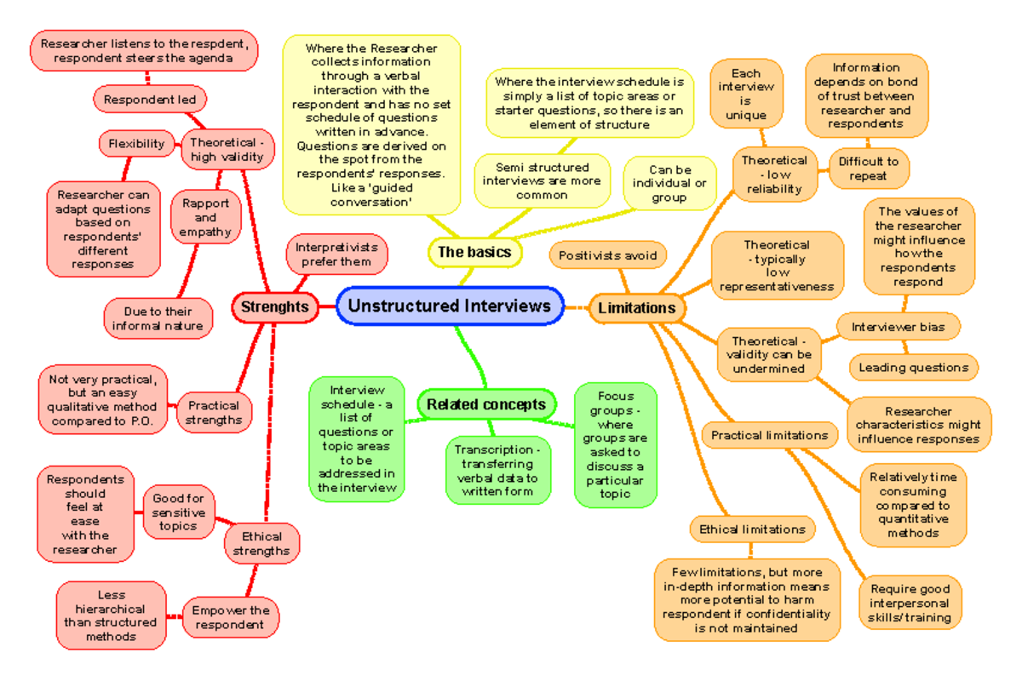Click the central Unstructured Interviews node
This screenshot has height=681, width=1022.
click(x=451, y=306)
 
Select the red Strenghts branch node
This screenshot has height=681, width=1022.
click(x=274, y=306)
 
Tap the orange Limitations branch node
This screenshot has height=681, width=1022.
click(x=637, y=307)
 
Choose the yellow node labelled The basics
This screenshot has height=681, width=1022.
click(x=474, y=251)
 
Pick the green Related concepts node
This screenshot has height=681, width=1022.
click(x=486, y=404)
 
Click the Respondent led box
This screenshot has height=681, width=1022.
click(x=150, y=100)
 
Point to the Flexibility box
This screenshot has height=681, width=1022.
click(x=136, y=144)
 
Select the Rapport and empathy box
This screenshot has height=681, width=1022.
click(x=206, y=217)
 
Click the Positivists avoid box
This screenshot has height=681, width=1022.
click(x=607, y=255)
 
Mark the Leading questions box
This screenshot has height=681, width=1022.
click(x=914, y=368)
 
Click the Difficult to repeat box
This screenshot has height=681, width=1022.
click(x=868, y=169)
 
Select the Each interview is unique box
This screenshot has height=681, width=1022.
click(x=746, y=94)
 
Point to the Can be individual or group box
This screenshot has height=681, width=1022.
click(x=670, y=183)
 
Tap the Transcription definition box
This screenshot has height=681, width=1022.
click(x=497, y=470)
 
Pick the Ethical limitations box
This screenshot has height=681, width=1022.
click(x=752, y=529)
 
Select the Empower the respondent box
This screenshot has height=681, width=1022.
click(x=230, y=617)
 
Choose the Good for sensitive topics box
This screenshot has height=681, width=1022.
click(x=178, y=512)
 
